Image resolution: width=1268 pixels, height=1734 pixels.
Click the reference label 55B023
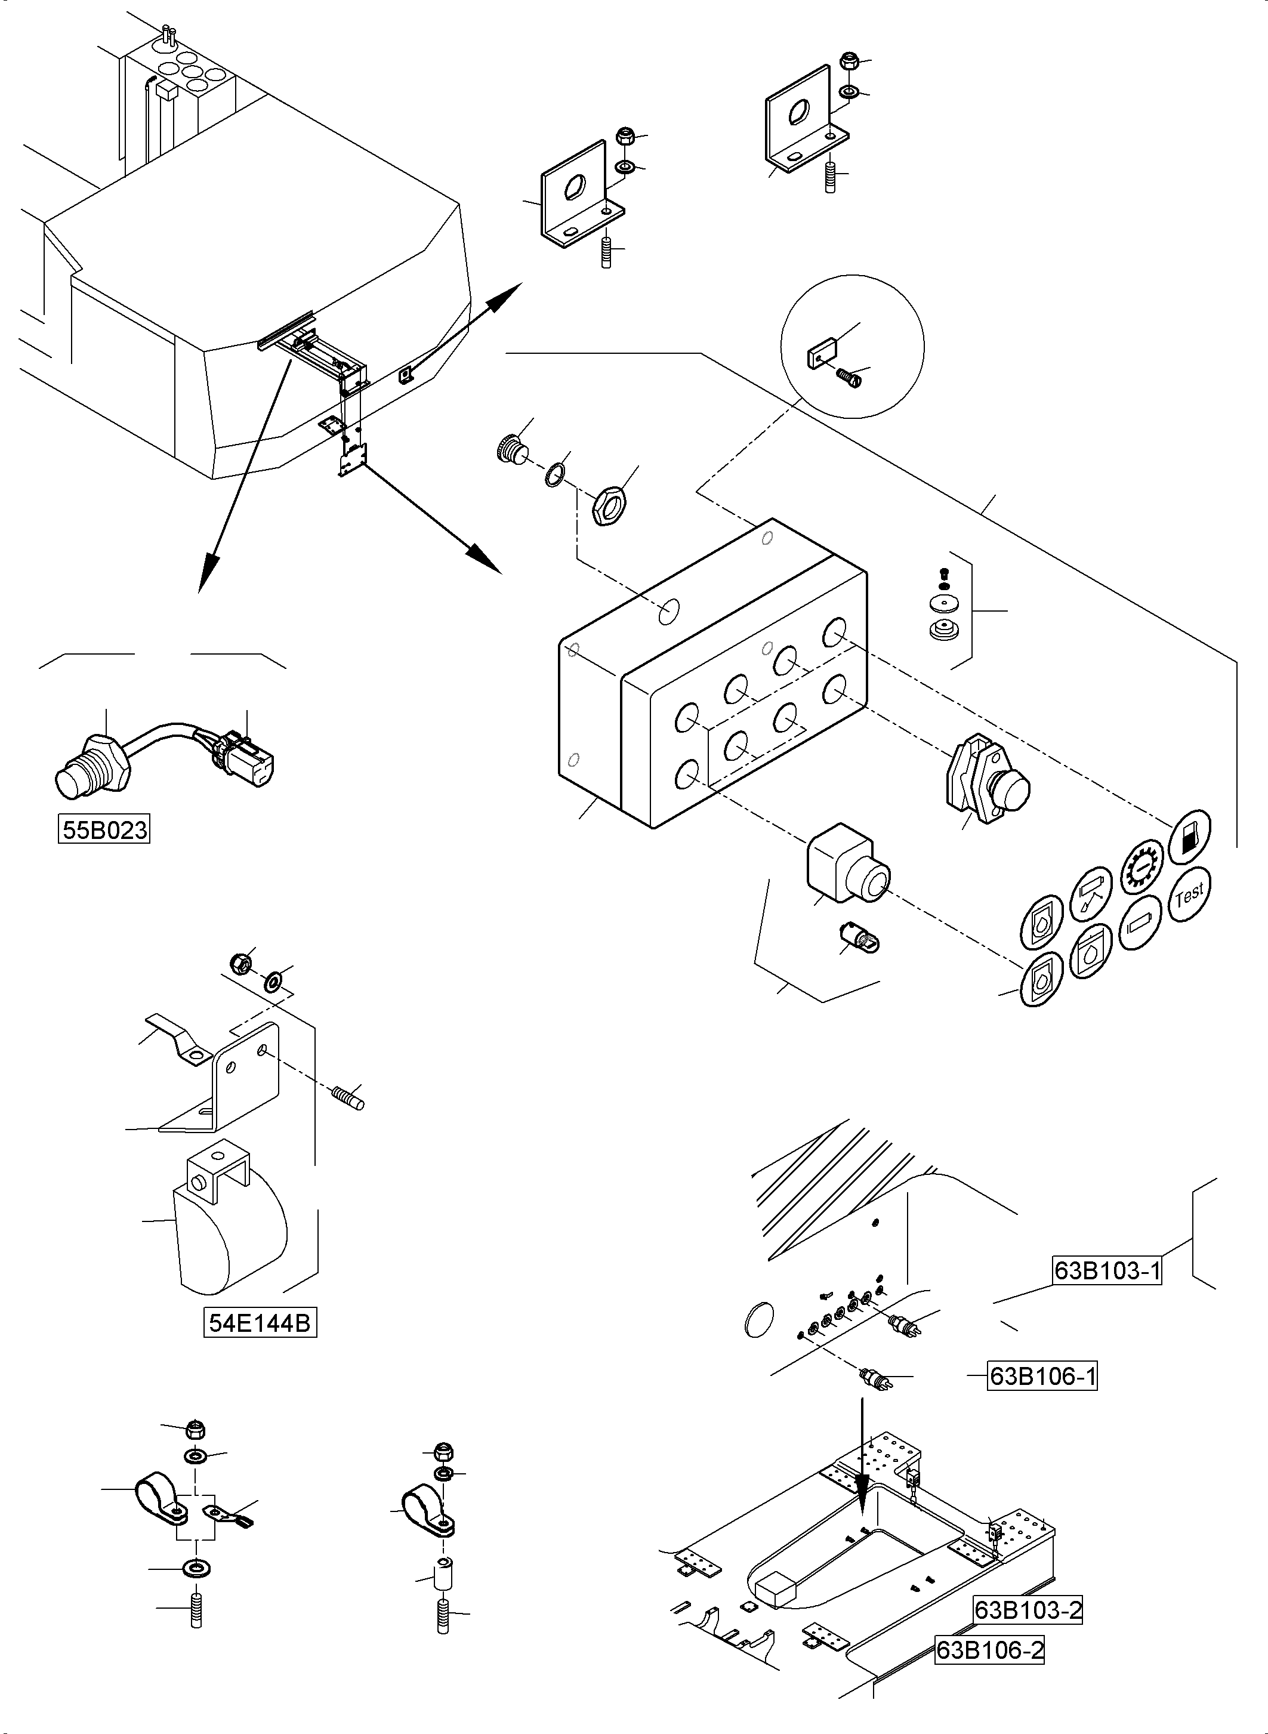coord(104,831)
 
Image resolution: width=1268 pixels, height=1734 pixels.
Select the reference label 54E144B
coord(260,1323)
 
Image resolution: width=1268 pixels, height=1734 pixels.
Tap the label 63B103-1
coord(1107,1271)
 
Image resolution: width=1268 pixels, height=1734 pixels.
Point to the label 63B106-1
coord(1042,1377)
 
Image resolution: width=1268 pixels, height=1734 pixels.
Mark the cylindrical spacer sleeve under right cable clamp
coord(443,1576)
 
